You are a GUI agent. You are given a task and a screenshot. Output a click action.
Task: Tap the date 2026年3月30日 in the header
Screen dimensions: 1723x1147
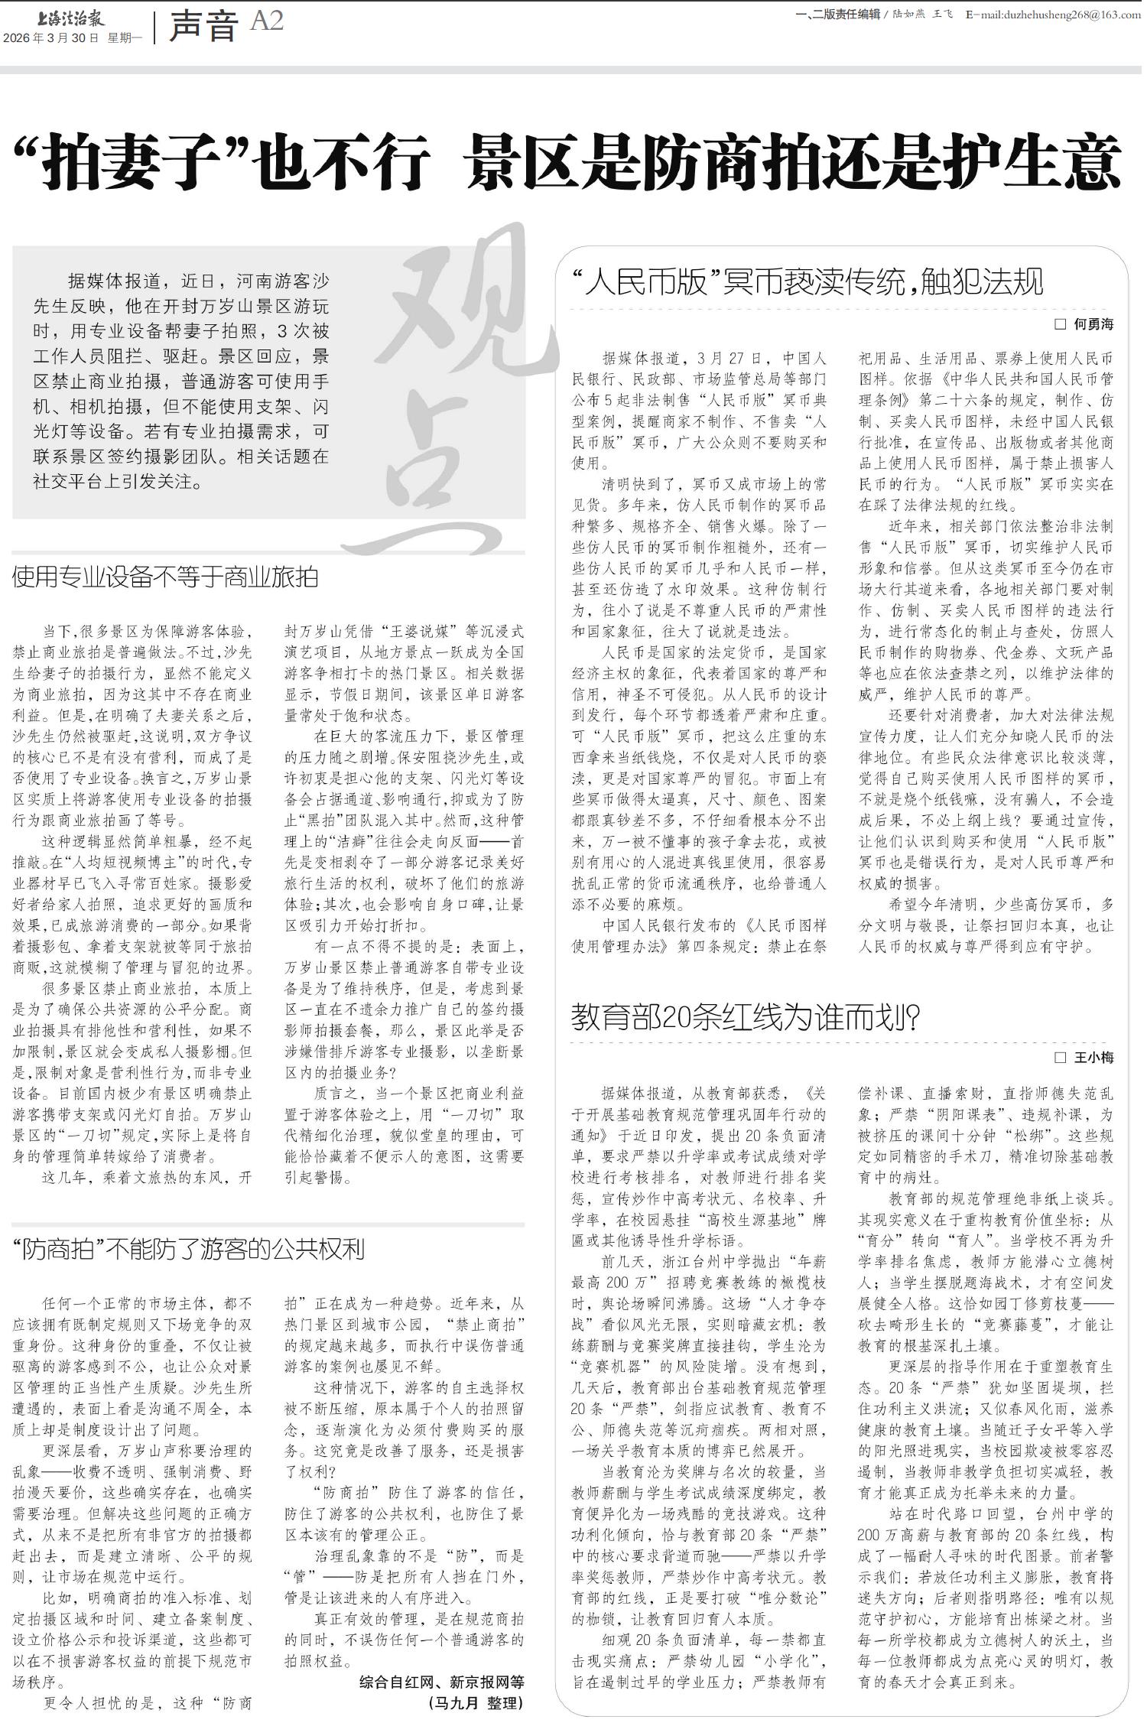point(50,38)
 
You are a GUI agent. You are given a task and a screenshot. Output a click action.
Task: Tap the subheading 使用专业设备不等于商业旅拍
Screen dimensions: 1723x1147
point(165,577)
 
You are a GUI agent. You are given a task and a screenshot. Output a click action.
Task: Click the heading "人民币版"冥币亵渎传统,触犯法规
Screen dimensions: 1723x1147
point(807,281)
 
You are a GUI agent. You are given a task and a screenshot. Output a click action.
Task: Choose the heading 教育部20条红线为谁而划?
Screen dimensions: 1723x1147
point(745,1018)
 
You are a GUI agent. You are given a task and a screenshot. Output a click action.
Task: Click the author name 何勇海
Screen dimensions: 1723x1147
point(1093,324)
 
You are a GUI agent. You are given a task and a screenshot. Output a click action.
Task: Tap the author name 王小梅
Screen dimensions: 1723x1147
point(1093,1058)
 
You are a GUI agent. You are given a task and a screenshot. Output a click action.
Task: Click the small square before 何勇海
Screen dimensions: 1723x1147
point(1060,324)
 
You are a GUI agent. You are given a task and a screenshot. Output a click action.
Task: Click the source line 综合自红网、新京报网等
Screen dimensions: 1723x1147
point(442,1682)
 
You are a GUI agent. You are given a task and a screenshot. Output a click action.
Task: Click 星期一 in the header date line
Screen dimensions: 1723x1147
point(125,38)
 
